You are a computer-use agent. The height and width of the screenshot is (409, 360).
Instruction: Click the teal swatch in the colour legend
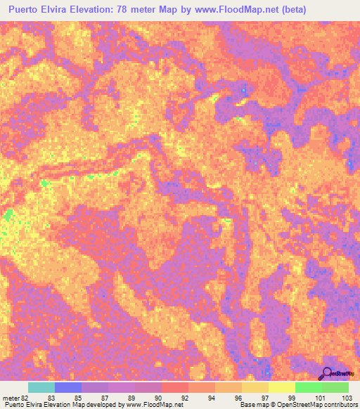[41, 387]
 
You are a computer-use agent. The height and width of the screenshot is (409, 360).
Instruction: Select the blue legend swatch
[67, 387]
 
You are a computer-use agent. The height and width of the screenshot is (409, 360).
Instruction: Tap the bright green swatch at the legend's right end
[335, 387]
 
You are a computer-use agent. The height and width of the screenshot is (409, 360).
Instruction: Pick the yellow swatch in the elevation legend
[282, 387]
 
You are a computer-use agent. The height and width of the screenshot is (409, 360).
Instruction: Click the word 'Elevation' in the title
[95, 9]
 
